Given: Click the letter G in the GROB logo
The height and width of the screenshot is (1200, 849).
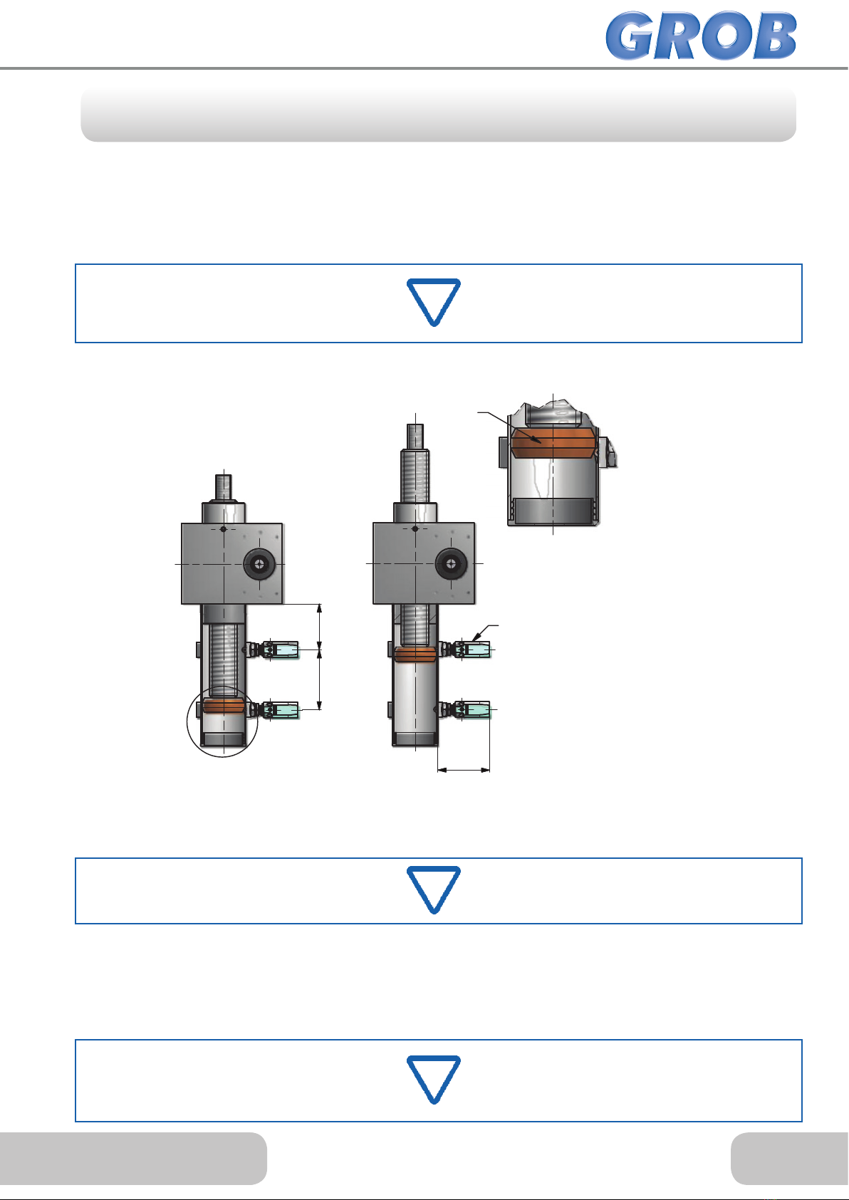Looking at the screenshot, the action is pyautogui.click(x=631, y=36).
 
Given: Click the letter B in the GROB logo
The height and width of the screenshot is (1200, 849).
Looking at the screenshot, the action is pyautogui.click(x=774, y=36).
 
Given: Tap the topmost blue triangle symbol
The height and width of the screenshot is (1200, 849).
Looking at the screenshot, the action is pyautogui.click(x=434, y=302).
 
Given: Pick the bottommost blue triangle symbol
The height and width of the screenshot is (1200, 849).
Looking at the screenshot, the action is pyautogui.click(x=434, y=1080).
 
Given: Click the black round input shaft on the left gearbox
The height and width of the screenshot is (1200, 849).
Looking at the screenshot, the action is pyautogui.click(x=259, y=564).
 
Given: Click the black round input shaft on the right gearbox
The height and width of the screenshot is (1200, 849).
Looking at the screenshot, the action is pyautogui.click(x=451, y=563).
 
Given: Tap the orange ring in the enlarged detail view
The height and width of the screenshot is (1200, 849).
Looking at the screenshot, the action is pyautogui.click(x=552, y=442).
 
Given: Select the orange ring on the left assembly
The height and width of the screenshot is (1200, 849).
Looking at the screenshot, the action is pyautogui.click(x=224, y=706).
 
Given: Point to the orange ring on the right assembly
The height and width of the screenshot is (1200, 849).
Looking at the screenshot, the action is pyautogui.click(x=415, y=654).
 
